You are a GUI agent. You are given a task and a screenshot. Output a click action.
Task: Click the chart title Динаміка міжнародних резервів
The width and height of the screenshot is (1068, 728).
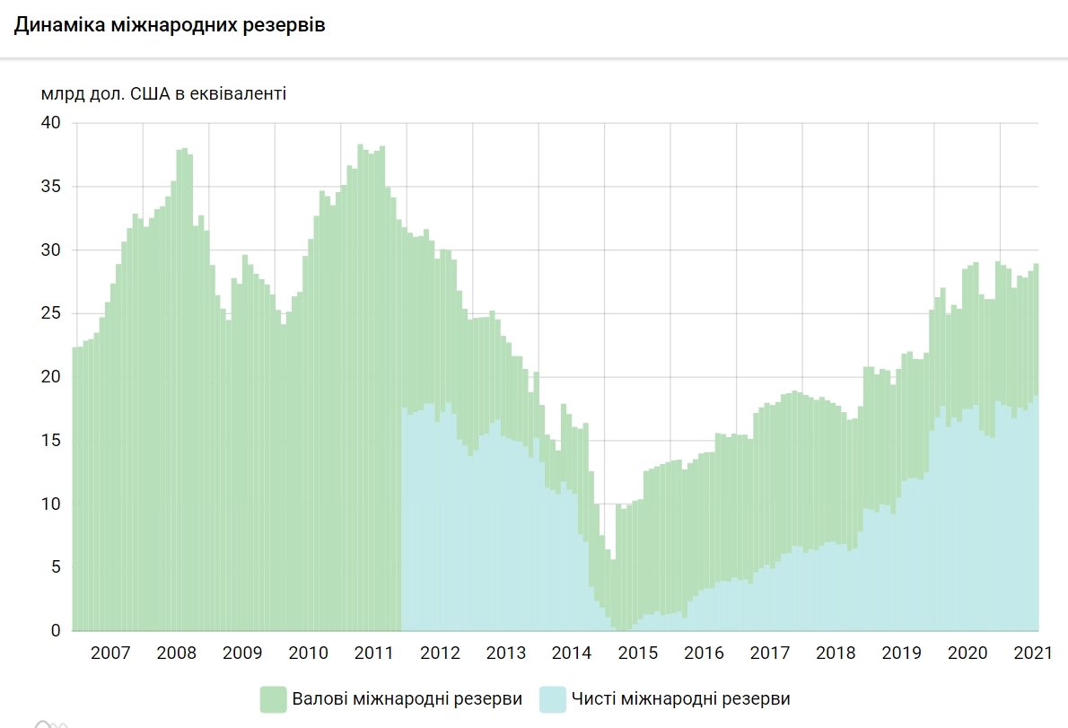(169, 25)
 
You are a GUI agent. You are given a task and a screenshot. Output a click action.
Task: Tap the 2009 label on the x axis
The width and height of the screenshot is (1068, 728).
(241, 653)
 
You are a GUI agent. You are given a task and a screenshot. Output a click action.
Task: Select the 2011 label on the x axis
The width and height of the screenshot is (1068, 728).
(373, 653)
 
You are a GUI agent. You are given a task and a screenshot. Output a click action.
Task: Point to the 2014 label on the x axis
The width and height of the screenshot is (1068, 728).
(572, 653)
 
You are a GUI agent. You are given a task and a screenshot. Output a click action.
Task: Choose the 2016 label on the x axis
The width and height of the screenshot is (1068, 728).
(704, 653)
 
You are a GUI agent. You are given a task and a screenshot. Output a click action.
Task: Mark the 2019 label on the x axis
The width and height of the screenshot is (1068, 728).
(902, 653)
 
